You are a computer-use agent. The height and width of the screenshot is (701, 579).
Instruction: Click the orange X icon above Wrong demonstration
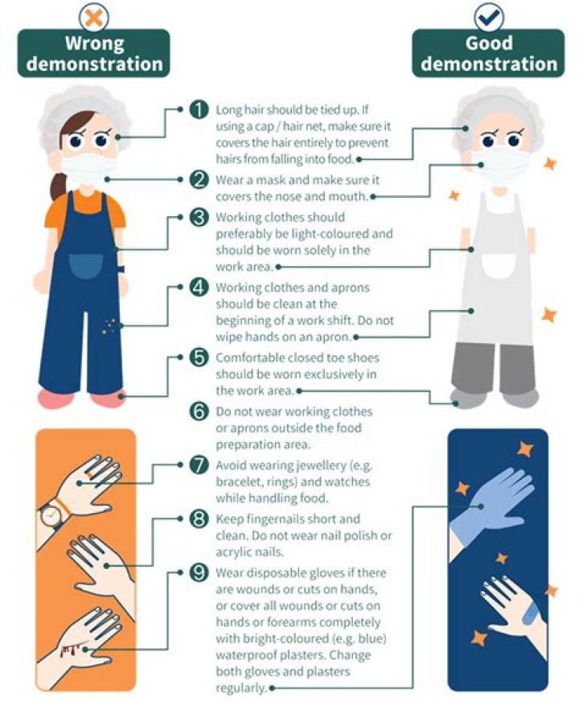(93, 17)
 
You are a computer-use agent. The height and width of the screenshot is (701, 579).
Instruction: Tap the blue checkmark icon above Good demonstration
(489, 17)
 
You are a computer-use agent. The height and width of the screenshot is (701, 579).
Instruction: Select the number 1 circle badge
(199, 109)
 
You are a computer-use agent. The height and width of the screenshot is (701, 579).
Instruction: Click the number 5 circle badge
(199, 358)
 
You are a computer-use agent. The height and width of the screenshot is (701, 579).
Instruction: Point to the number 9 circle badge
(199, 572)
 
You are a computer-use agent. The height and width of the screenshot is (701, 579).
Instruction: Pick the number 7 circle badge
(199, 465)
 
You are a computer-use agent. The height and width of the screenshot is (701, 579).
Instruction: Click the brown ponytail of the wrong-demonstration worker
(58, 186)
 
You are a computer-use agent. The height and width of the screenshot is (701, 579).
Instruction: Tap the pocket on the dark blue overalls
(86, 266)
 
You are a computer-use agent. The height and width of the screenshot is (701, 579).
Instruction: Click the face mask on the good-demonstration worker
(500, 166)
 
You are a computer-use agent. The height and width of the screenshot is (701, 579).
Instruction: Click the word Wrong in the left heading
(94, 43)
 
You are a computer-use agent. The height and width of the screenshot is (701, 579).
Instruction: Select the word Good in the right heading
(489, 43)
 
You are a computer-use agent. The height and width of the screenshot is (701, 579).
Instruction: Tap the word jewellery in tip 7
(321, 465)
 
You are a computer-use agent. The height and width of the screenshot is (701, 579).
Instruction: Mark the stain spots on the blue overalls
(109, 326)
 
